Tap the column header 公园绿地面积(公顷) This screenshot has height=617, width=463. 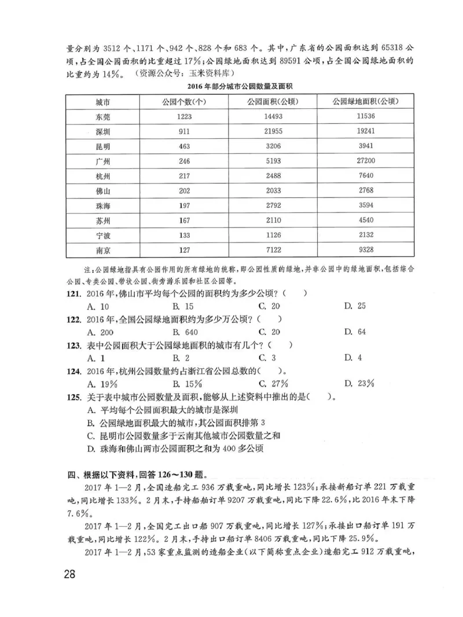tap(366, 102)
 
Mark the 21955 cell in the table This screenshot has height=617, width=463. tap(272, 132)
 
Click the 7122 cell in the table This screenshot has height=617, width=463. tap(272, 251)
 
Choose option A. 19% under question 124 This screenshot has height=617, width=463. tap(99, 384)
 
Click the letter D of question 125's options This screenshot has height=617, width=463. tap(91, 449)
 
